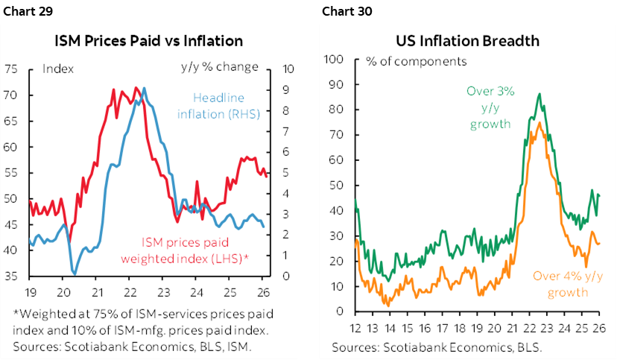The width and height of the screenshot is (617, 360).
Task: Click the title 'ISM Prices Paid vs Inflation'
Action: coord(149,40)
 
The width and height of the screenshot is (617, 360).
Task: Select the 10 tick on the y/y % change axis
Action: coord(289,69)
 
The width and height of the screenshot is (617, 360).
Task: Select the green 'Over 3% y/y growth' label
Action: coord(490,107)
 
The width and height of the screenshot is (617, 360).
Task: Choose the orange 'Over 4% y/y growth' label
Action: coord(566,284)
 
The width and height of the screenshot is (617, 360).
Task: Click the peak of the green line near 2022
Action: coord(539,94)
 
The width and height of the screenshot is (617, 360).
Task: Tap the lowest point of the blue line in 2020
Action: coord(73,274)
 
